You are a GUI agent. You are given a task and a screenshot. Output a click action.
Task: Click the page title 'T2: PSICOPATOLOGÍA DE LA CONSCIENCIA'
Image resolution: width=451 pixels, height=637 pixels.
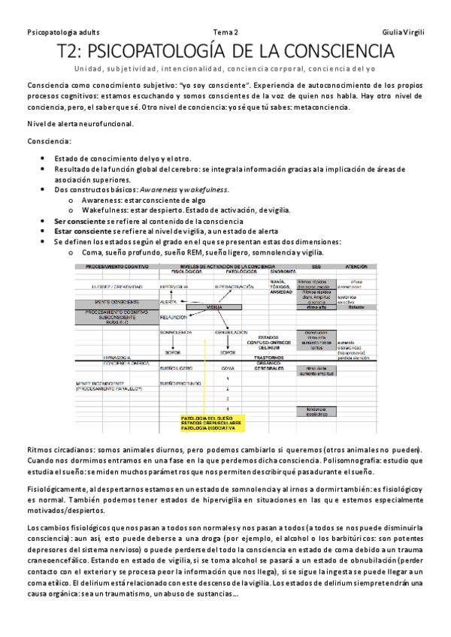(225, 52)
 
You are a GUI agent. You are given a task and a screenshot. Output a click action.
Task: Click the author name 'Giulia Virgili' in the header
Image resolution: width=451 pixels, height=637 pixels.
(403, 32)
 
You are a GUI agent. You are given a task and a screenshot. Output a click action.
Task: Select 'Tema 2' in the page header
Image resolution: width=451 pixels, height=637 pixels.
(225, 32)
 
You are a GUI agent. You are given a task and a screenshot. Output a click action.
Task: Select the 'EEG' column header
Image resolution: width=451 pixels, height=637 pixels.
(316, 267)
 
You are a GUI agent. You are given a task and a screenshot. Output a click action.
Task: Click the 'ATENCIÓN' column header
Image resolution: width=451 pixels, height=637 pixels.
(356, 267)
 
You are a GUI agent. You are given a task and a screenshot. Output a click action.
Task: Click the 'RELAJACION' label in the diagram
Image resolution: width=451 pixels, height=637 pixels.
(176, 318)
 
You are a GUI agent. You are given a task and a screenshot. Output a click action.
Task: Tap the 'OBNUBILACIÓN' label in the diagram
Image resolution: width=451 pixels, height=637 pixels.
(232, 332)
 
